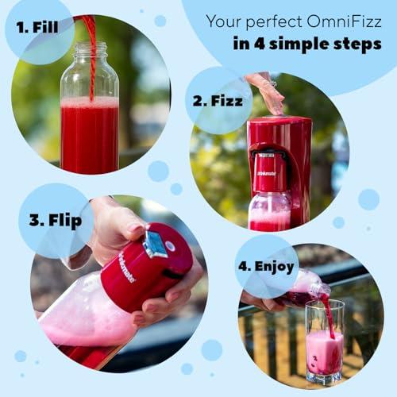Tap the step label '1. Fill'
point(37,27)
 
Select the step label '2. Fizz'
point(218,101)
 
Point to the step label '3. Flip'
point(56,221)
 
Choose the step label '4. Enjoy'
point(266,267)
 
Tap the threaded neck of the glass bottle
point(91,50)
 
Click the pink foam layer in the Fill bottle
point(90,102)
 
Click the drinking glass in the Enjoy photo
point(325,341)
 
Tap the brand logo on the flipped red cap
point(127,268)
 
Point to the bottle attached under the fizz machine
point(269,211)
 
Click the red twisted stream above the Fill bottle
point(90,57)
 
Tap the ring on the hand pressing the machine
point(273,84)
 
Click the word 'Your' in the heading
point(223,21)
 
